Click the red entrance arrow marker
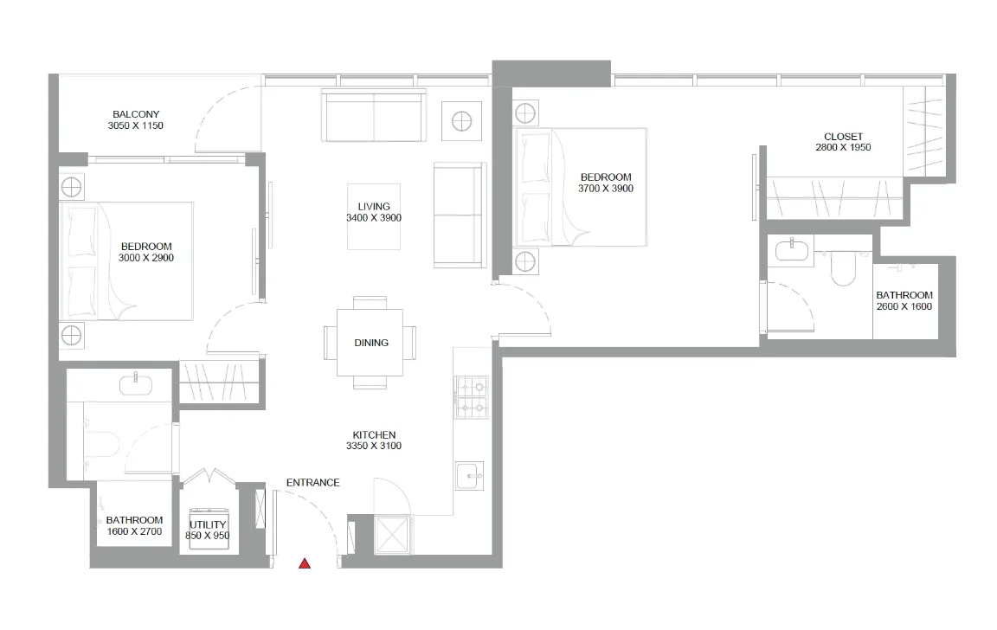[x=305, y=564]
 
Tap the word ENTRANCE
[x=312, y=483]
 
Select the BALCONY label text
[x=136, y=114]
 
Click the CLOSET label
[x=843, y=137]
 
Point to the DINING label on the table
[x=371, y=343]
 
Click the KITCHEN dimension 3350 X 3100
[x=375, y=447]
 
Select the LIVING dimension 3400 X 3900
[x=374, y=218]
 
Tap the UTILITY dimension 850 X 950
[x=207, y=537]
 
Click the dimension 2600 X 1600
[x=904, y=306]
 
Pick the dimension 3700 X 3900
[x=606, y=189]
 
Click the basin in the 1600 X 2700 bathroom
[x=136, y=382]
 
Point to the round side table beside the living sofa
[x=461, y=120]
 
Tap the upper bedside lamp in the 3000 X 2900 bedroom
[x=72, y=185]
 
